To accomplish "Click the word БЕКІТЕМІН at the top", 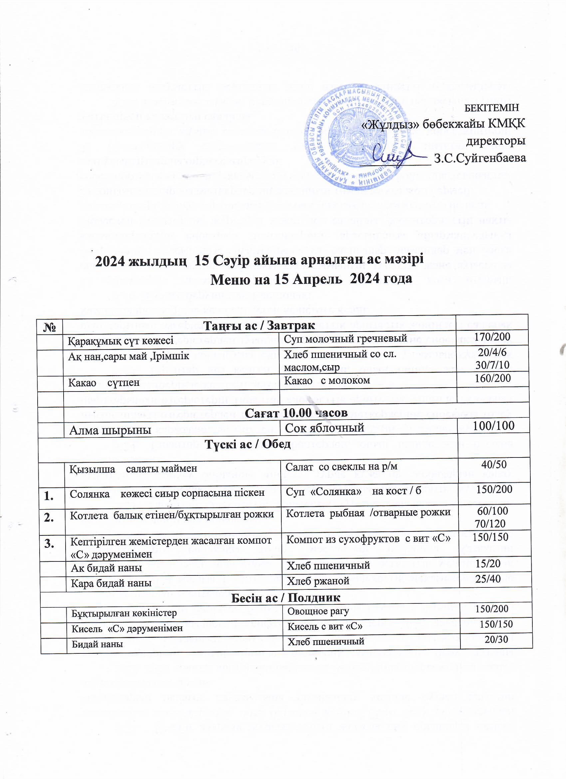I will [491, 108].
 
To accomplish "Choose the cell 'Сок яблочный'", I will [324, 427].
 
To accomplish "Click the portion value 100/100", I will [493, 426].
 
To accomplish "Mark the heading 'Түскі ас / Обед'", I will [247, 444].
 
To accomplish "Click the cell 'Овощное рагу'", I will [318, 611].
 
